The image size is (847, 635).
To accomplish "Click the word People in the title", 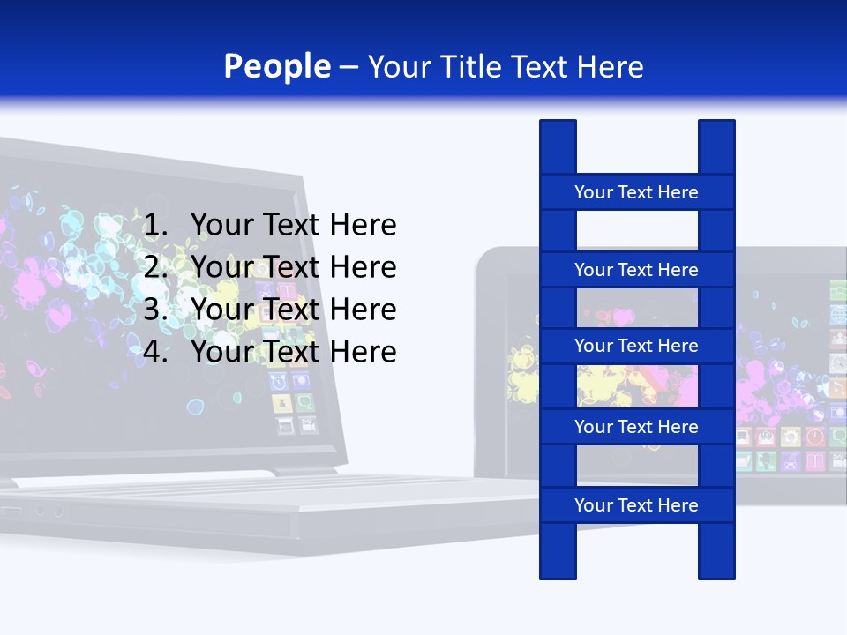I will [277, 67].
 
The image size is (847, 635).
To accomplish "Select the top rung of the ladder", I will [636, 192].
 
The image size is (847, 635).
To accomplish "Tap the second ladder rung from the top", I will [636, 270].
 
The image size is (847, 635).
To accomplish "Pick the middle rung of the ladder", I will [636, 346].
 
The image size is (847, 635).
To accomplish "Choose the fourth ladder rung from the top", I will [636, 427].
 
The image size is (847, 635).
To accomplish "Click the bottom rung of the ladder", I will [636, 505].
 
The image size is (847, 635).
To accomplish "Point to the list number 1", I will [155, 226].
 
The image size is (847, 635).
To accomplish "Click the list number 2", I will [155, 267].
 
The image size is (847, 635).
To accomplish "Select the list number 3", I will [155, 310].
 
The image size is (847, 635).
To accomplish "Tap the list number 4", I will [155, 352].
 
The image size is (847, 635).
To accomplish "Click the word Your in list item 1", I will [222, 226].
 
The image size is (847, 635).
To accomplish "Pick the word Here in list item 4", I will [363, 352].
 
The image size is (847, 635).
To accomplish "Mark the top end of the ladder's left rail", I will [558, 123].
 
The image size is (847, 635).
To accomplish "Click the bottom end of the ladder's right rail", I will [716, 575].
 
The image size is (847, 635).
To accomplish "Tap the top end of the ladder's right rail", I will [716, 123].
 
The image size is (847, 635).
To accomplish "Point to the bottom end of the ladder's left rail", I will [558, 575].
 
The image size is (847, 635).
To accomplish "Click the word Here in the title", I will [610, 67].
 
